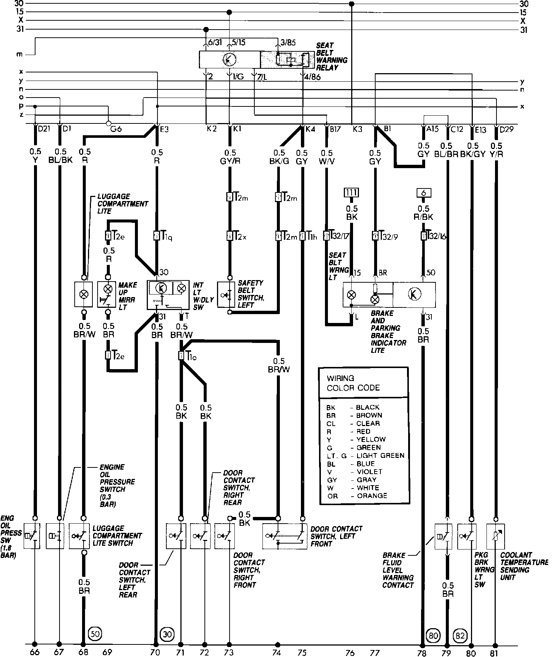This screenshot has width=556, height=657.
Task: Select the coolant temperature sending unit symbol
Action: [496, 536]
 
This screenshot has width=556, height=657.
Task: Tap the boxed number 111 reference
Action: [352, 193]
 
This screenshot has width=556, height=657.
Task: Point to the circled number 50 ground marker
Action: [95, 634]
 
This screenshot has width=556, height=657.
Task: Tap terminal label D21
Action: [44, 129]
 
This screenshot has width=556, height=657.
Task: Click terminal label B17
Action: [336, 129]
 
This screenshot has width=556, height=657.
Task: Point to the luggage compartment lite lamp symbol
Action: [84, 294]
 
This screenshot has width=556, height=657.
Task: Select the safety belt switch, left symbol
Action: [227, 295]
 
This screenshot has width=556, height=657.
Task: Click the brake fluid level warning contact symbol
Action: [443, 536]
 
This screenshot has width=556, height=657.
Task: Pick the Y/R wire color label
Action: [496, 154]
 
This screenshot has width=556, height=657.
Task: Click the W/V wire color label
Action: [327, 161]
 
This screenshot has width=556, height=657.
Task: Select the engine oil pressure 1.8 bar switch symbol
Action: [32, 536]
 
